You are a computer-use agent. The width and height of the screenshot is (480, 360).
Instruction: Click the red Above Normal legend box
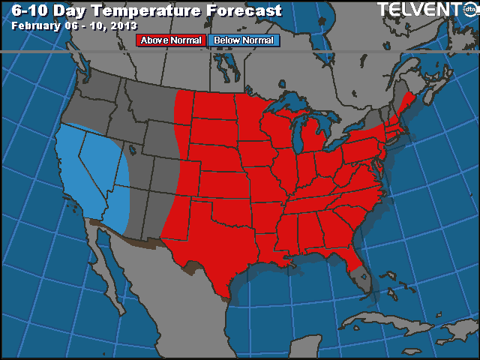(169, 40)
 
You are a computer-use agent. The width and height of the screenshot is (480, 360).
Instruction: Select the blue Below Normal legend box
(244, 40)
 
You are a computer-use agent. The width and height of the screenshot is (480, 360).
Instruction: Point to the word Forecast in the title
(247, 10)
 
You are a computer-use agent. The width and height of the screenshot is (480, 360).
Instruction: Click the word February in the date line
(38, 25)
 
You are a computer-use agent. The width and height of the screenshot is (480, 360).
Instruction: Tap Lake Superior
(289, 101)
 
